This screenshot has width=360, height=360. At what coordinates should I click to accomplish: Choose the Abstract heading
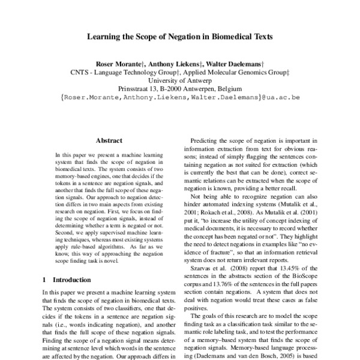click(109, 140)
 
